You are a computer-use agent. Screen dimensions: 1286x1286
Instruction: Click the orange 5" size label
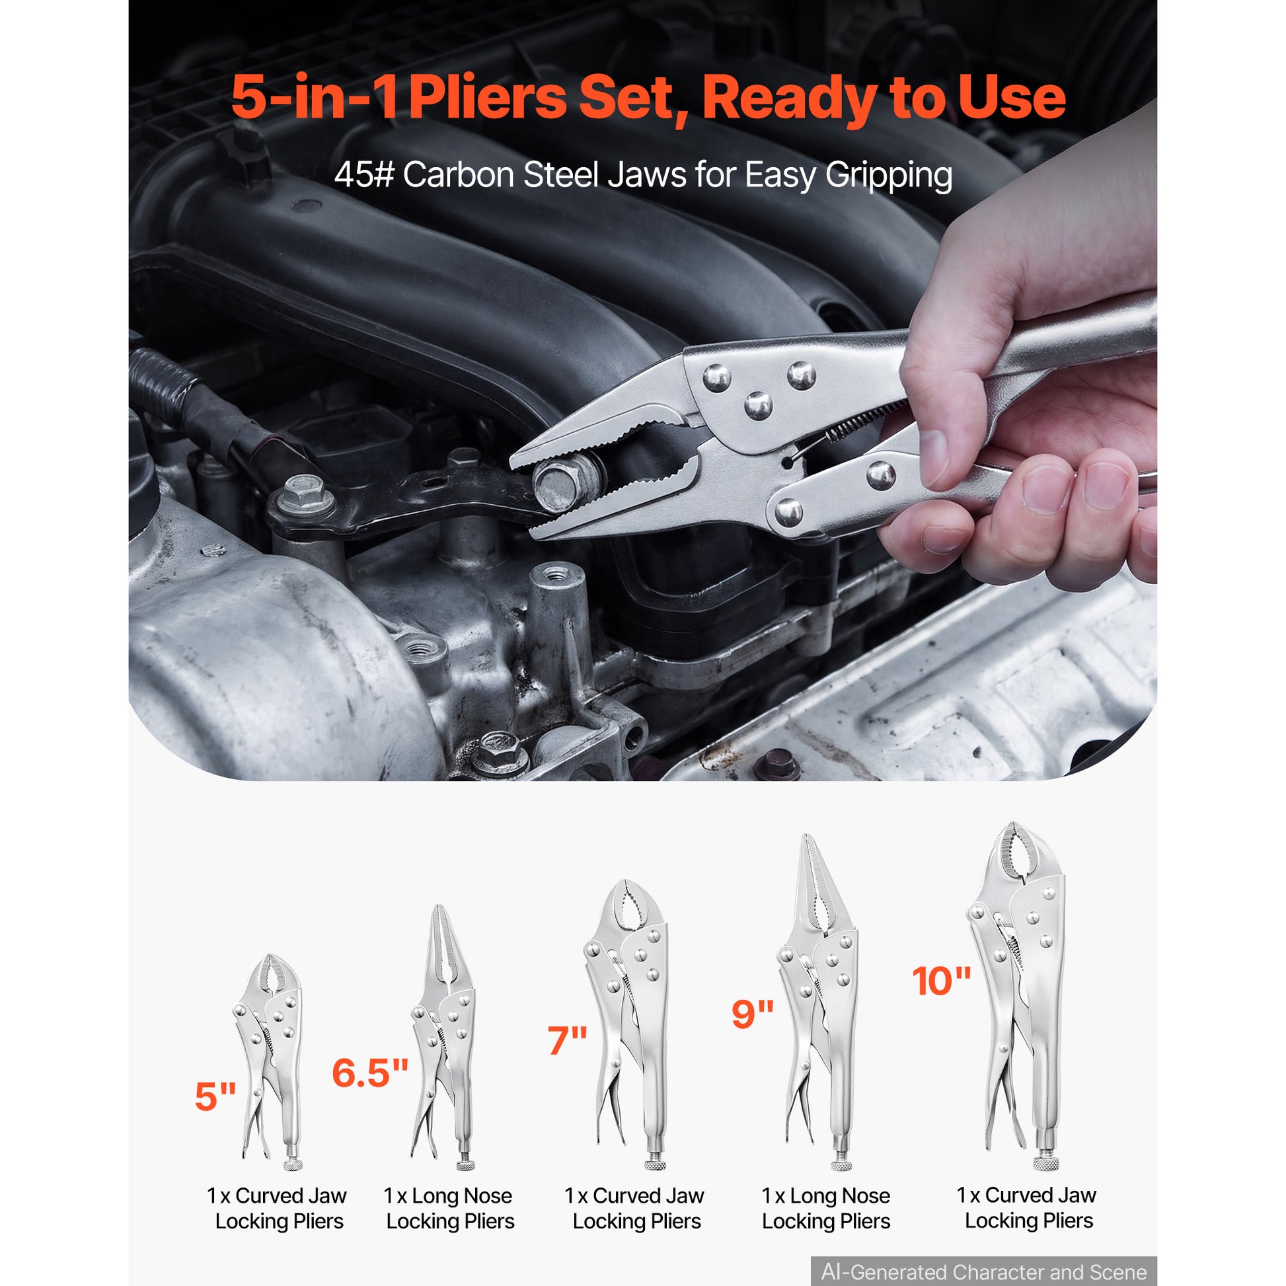215,1096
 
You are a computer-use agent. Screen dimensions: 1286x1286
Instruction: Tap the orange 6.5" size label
369,1073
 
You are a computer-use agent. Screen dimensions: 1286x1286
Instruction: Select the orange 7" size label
567,1041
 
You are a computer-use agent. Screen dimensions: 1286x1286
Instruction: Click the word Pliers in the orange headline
487,98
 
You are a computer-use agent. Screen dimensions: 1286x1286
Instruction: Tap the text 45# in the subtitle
363,175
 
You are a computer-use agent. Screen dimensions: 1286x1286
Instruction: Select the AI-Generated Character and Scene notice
984,1271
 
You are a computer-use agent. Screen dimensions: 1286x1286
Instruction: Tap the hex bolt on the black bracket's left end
305,494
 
